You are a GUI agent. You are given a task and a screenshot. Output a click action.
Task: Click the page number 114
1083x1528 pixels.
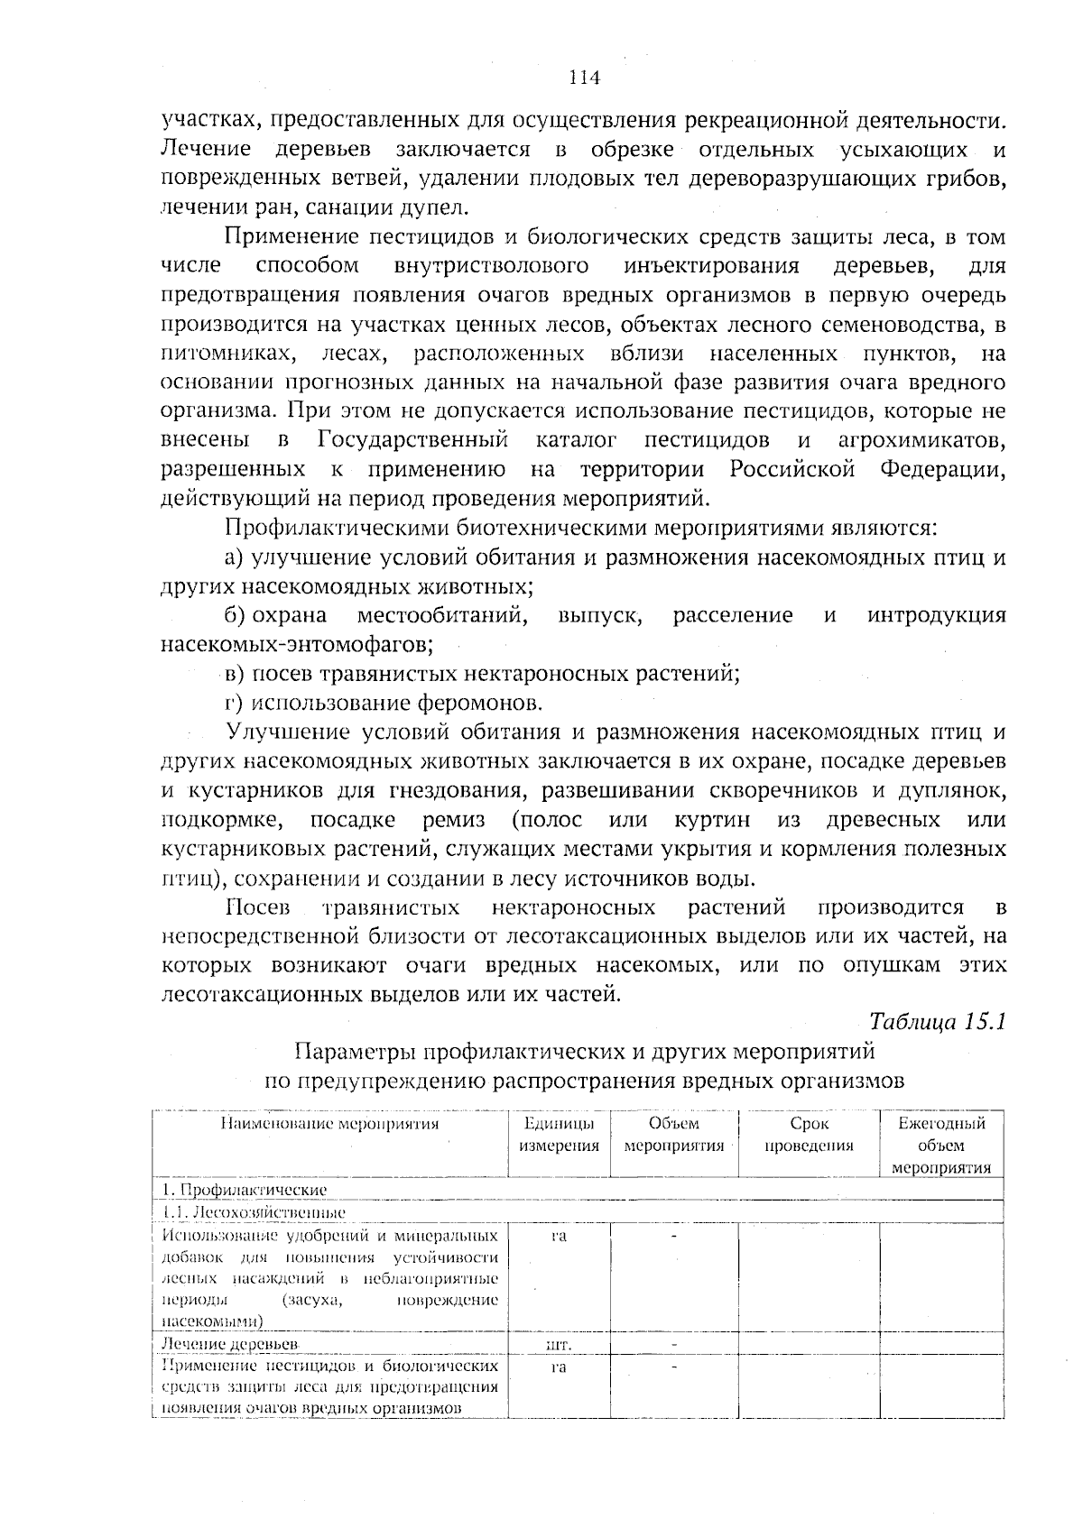[x=585, y=78]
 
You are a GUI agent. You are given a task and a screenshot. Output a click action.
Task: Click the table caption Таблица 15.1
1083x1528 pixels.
[x=936, y=1022]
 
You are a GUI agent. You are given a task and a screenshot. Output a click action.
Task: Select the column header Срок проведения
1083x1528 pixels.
[x=809, y=1135]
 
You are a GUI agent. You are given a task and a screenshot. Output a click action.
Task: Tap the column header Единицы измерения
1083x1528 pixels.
[x=559, y=1135]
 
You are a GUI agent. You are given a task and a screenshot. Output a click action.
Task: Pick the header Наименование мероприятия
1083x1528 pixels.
[x=330, y=1124]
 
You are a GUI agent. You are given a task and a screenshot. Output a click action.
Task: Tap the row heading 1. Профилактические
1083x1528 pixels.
[x=245, y=1191]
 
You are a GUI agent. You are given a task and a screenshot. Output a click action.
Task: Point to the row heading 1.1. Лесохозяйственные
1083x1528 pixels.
[x=254, y=1212]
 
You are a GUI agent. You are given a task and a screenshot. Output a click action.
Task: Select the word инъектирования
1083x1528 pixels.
[x=711, y=266]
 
